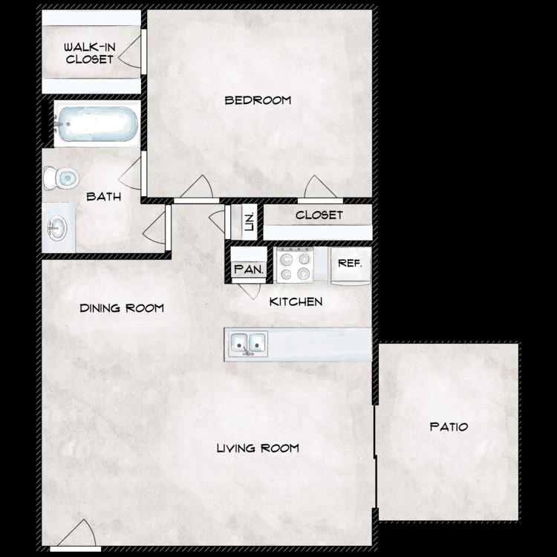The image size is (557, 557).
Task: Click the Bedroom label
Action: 258,100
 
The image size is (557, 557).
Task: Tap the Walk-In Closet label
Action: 90,53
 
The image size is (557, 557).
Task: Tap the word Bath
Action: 103,197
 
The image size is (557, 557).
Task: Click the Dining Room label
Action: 122,307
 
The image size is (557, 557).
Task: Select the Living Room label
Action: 258,448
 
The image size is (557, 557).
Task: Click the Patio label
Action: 449,427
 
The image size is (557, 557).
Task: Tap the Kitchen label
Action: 296,302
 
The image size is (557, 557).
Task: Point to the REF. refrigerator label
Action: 350,263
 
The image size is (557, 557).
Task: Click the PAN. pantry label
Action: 249,270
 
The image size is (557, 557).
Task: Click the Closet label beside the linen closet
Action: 319,215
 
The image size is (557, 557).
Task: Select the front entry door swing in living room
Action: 79,534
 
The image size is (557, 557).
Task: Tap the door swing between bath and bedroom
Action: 131,173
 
